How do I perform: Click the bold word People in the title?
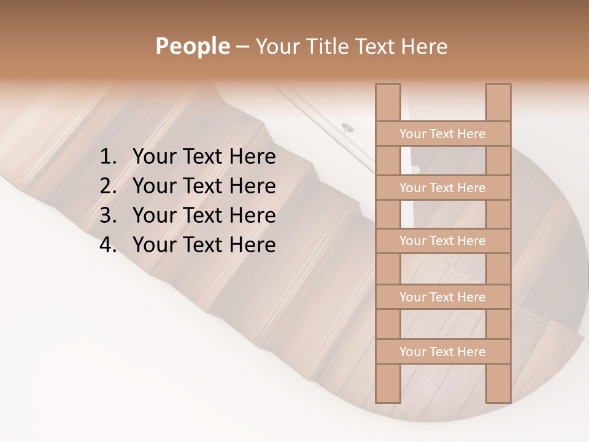point(192,47)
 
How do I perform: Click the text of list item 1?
point(204,157)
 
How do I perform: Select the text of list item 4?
point(204,246)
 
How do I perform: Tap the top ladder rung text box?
point(442,134)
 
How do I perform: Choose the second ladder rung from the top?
point(442,188)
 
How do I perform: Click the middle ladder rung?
point(442,241)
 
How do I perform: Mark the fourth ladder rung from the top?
point(442,297)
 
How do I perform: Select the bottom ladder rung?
point(442,352)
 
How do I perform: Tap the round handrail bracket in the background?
point(347,128)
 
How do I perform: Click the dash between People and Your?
point(242,47)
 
